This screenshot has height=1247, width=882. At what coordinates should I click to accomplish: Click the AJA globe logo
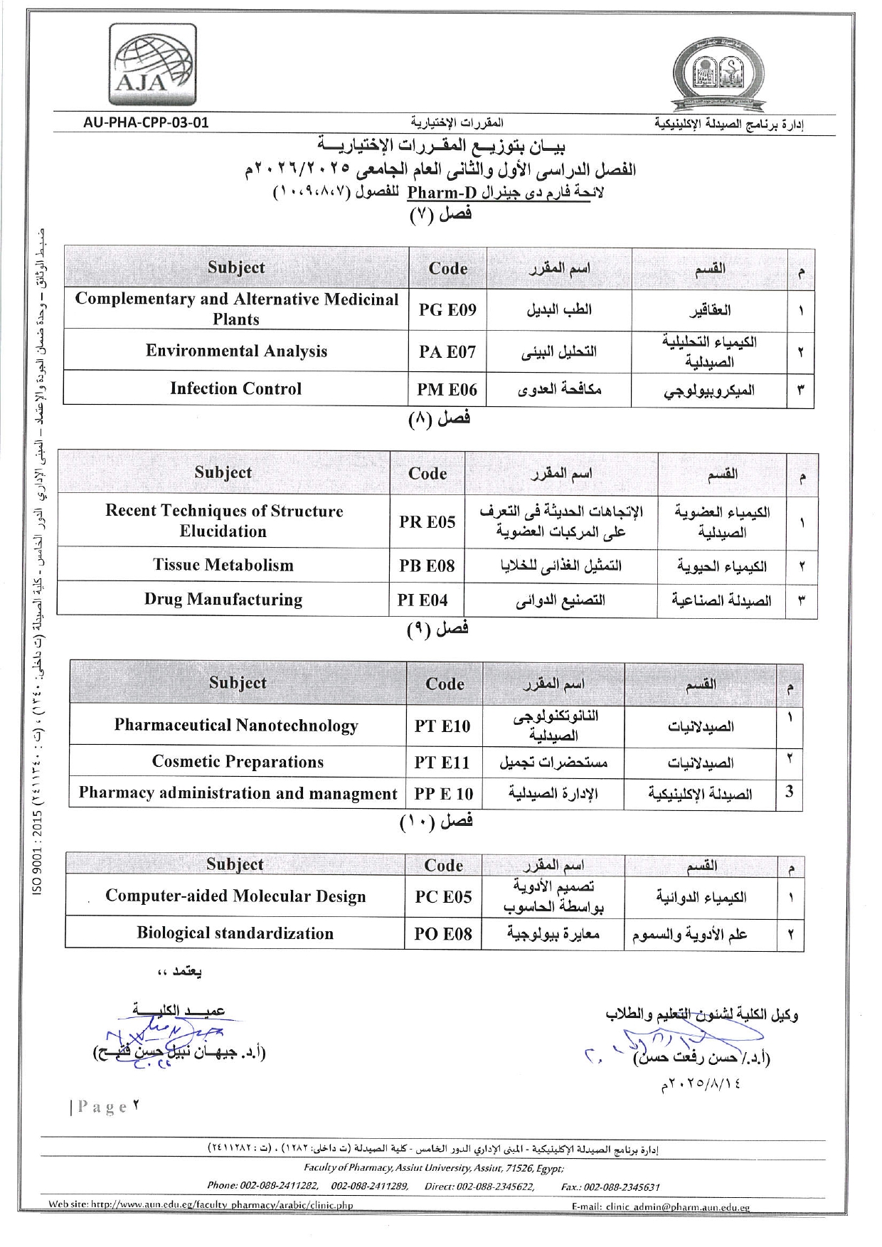click(x=154, y=65)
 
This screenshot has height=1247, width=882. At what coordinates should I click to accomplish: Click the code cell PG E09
click(x=447, y=309)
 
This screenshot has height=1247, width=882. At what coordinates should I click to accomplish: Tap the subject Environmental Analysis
click(x=236, y=351)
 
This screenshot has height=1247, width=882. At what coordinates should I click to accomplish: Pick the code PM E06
click(x=447, y=389)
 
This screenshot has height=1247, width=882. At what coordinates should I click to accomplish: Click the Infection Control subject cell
click(x=235, y=388)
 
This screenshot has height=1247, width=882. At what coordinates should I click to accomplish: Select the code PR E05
click(x=427, y=521)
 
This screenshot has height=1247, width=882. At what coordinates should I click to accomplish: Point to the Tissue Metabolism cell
click(x=223, y=565)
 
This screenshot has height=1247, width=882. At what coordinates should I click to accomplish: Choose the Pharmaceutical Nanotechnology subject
click(x=236, y=726)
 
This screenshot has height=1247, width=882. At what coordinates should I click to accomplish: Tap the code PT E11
click(x=442, y=763)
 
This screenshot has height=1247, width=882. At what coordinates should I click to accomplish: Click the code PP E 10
click(x=443, y=794)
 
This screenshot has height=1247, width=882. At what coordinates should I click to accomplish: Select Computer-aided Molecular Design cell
click(x=235, y=896)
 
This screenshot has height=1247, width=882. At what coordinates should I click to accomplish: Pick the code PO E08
click(x=442, y=933)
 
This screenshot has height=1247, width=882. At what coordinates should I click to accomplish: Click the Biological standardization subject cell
click(x=235, y=933)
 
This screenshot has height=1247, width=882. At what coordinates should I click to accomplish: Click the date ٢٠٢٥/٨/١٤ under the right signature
click(x=701, y=1085)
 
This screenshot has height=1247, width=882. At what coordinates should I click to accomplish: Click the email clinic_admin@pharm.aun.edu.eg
click(x=661, y=1206)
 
